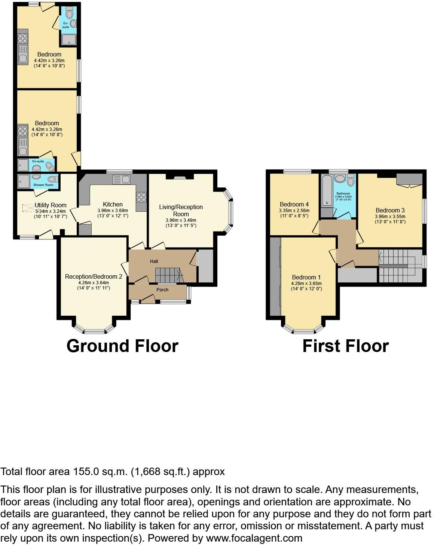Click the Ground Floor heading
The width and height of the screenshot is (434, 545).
122,346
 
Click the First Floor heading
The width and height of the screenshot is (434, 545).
345,346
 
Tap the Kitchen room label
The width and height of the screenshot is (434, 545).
113,204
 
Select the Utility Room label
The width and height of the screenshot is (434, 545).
51,205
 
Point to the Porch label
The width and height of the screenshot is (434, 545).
162,290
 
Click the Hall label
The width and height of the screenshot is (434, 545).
154,261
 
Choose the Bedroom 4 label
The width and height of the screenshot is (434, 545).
294,204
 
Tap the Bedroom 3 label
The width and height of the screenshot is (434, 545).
390,210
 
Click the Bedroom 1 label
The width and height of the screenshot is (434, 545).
306,277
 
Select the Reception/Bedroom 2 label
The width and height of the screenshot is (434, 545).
94,276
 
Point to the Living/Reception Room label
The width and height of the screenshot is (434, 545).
181,210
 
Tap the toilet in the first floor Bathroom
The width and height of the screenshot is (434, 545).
351,181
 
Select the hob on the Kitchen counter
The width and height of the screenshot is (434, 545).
141,197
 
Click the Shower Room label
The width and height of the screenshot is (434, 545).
43,185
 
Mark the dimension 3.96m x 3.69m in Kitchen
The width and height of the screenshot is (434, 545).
113,211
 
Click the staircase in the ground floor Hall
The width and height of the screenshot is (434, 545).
168,275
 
